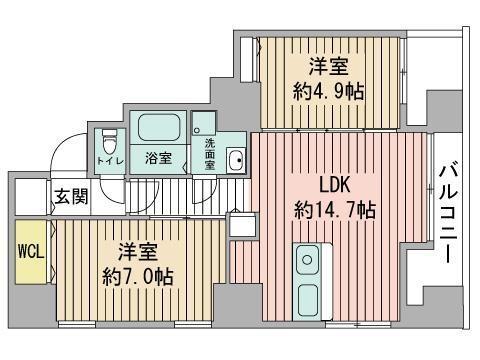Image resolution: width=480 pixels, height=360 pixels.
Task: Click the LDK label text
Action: (x=333, y=185)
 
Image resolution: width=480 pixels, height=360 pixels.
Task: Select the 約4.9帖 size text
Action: (x=328, y=91)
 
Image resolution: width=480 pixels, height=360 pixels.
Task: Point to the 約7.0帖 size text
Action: (x=137, y=275)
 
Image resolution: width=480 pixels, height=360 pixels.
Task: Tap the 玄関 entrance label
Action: (x=70, y=196)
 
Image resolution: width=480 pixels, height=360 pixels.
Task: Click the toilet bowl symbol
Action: (x=110, y=139)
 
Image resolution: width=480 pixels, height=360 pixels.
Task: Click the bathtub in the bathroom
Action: (x=159, y=128)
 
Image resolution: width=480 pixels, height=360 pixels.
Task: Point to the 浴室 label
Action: (x=158, y=158)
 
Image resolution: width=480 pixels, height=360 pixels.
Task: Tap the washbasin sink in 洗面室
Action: (x=235, y=160)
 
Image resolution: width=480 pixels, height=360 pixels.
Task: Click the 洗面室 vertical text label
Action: (x=211, y=153)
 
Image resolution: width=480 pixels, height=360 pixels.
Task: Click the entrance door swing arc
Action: (x=62, y=150)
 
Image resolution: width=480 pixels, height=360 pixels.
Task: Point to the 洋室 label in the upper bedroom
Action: (x=327, y=67)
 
